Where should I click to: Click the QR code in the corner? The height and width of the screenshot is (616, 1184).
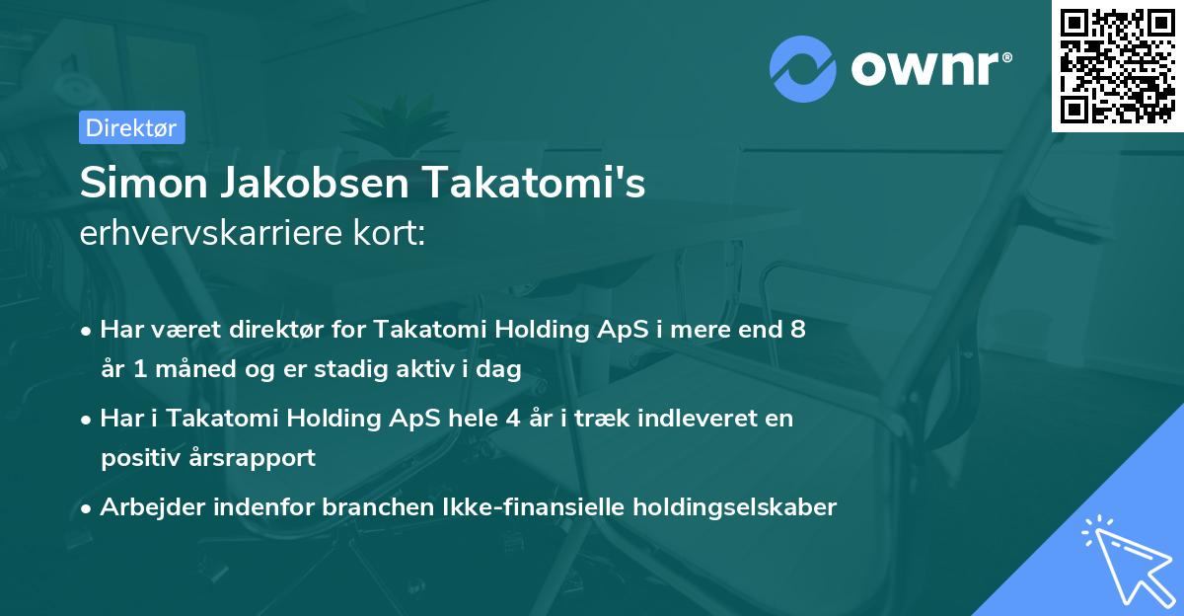pos(1117,65)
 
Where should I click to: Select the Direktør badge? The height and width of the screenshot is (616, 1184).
pos(131,127)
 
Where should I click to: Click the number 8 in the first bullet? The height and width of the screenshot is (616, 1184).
pos(798,330)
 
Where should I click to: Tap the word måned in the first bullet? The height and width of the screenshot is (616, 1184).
pos(183,369)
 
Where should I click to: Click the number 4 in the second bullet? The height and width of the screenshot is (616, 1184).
pos(513,419)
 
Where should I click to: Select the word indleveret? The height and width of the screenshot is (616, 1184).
pos(693,419)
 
